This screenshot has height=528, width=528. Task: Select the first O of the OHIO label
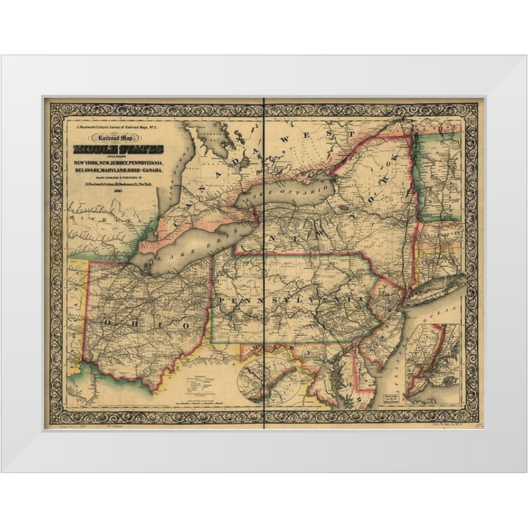pyautogui.click(x=107, y=320)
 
